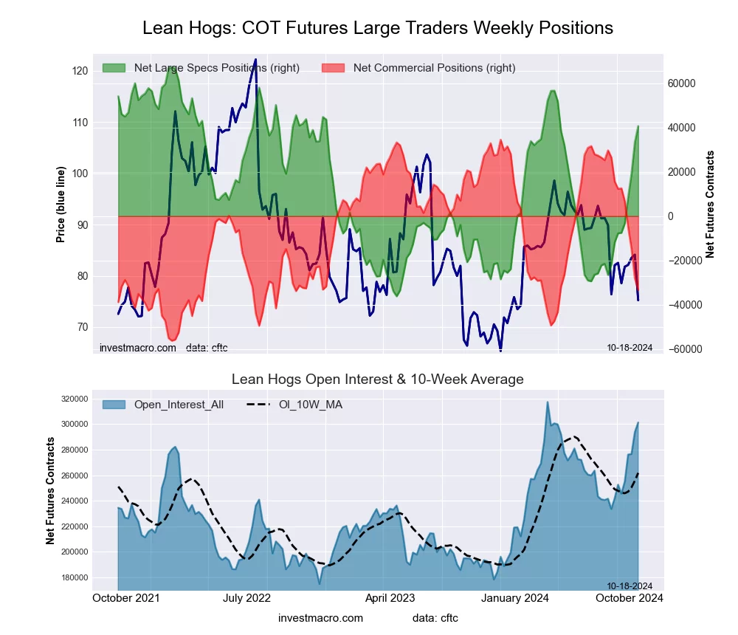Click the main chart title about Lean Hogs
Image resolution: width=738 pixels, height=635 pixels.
point(377,28)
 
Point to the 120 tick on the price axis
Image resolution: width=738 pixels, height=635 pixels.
point(80,71)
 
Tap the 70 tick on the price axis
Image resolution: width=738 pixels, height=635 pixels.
point(80,327)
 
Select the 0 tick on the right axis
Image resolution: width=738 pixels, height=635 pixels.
point(671,216)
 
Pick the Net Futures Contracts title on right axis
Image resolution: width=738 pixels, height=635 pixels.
point(711,204)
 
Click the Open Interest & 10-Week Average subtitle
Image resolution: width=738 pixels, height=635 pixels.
point(377,379)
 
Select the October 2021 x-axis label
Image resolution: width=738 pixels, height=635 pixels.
point(128,598)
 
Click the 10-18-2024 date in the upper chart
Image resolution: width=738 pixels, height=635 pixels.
point(630,347)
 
